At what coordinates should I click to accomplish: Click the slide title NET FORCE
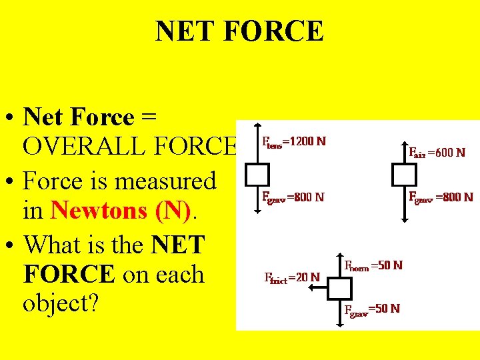239,31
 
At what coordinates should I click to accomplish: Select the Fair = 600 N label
437,152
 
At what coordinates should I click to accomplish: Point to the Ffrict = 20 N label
292,277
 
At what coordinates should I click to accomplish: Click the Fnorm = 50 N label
373,265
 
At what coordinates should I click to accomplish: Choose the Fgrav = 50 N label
371,309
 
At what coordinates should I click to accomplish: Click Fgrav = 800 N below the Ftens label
293,197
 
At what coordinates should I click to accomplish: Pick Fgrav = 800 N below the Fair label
440,197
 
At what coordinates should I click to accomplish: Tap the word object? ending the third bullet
61,304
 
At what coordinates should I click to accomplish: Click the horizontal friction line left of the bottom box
323,289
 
